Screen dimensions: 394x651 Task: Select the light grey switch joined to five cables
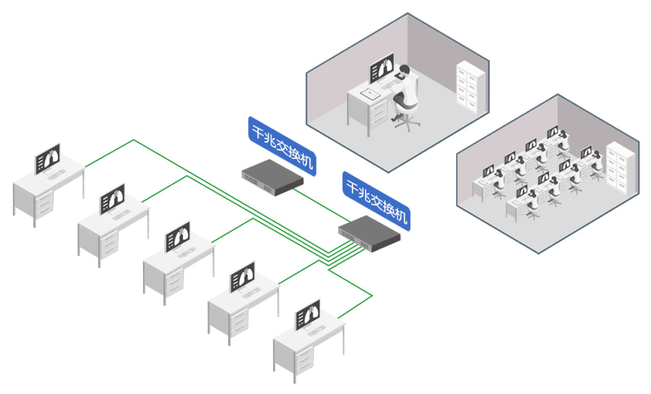pyautogui.click(x=369, y=233)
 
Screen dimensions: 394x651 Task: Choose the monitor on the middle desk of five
pyautogui.click(x=177, y=237)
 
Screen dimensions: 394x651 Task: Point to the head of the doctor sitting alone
pyautogui.click(x=405, y=70)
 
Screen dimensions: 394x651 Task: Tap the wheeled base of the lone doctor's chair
pyautogui.click(x=407, y=123)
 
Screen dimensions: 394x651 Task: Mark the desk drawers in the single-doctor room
pyautogui.click(x=378, y=113)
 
